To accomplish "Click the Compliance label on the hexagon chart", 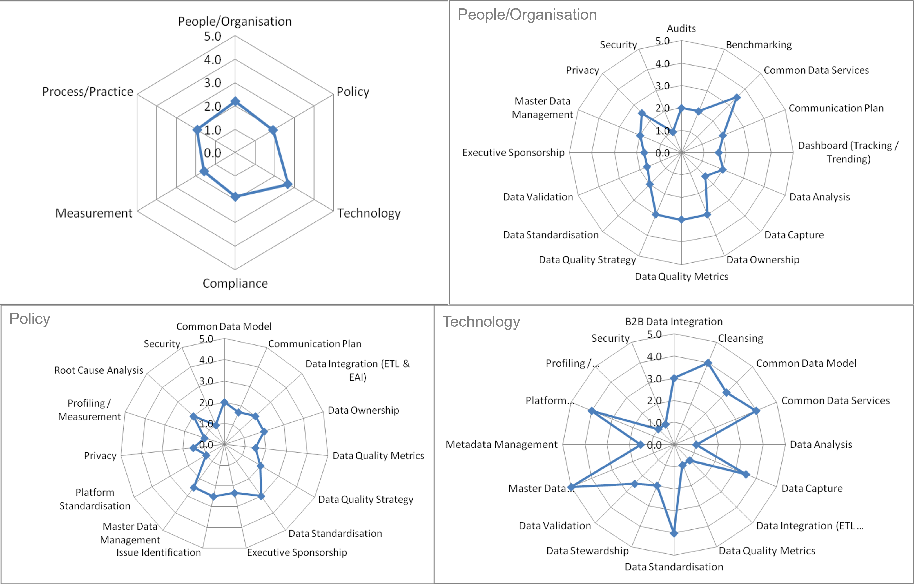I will [235, 283].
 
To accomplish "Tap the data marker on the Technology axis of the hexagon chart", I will [288, 184].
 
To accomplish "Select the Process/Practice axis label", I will [88, 91].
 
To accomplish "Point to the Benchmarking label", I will [758, 45].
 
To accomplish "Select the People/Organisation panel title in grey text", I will [527, 14].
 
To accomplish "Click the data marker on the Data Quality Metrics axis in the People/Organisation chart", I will [681, 219].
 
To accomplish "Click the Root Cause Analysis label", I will [99, 370].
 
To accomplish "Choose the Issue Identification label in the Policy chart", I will [158, 552].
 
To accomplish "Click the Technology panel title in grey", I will [481, 321].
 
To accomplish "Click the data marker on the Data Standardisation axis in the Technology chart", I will [674, 533].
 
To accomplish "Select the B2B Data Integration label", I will [674, 321].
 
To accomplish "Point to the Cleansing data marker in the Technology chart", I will [708, 363].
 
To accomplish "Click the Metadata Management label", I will [501, 444].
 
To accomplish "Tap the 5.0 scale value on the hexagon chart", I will [212, 36].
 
